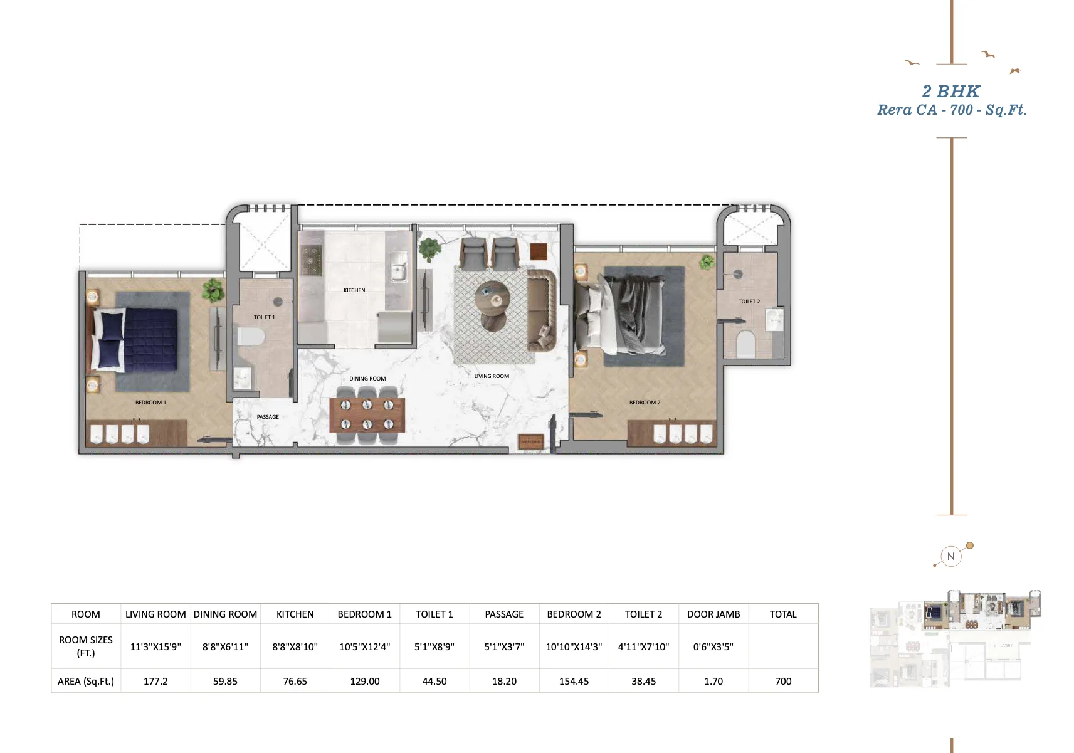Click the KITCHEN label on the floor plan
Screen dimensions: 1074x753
click(x=354, y=290)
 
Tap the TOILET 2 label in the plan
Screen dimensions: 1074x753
click(x=749, y=301)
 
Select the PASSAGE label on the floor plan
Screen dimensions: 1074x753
click(x=268, y=417)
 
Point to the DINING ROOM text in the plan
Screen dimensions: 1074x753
click(x=367, y=379)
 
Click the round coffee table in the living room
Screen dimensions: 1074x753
click(x=492, y=300)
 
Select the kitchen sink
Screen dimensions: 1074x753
click(x=398, y=266)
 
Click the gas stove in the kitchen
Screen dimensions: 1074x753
click(x=311, y=260)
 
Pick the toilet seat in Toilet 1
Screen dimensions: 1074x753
click(x=251, y=336)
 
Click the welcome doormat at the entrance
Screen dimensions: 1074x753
click(x=531, y=441)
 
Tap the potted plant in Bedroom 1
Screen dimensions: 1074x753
click(x=213, y=290)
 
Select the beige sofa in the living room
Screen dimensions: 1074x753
click(x=542, y=310)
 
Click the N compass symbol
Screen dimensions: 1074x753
click(x=950, y=556)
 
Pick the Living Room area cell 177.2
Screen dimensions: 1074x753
click(x=155, y=681)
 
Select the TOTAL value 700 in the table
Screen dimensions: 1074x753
click(x=783, y=681)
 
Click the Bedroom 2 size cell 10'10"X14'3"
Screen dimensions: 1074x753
click(x=574, y=646)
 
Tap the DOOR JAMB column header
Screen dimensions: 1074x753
click(x=713, y=614)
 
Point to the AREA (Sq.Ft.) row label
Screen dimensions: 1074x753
click(x=86, y=681)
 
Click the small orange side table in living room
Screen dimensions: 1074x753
click(x=539, y=251)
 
